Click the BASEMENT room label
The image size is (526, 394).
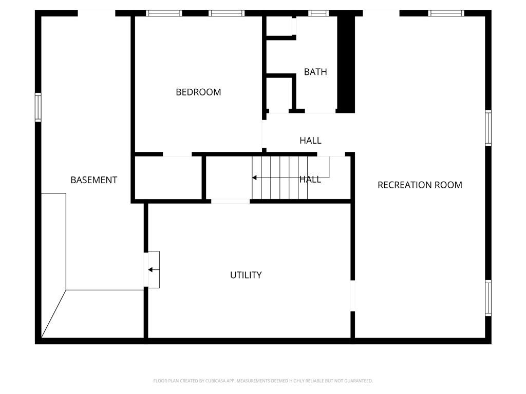[x=93, y=180]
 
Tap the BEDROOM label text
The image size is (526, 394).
[x=198, y=92]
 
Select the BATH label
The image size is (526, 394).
[x=315, y=72]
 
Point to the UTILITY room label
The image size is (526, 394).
[x=246, y=275]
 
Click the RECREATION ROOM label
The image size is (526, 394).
[x=420, y=185]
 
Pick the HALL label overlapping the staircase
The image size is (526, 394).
[x=310, y=180]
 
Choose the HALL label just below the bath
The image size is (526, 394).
[x=310, y=141]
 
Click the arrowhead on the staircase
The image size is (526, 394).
[x=254, y=178]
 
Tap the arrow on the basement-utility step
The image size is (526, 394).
[x=154, y=270]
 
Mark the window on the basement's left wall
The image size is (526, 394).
[x=38, y=107]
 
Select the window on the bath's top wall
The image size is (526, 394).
[x=318, y=13]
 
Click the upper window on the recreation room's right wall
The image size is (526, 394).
[x=488, y=128]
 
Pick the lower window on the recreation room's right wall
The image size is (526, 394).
[x=488, y=298]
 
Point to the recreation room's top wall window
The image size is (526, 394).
[x=446, y=13]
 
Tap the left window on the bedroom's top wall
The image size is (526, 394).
[x=164, y=13]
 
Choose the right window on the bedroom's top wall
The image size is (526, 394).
[x=227, y=13]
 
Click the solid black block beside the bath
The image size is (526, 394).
[x=346, y=64]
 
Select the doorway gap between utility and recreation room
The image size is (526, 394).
[x=352, y=296]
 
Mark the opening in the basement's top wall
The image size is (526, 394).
[x=97, y=13]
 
